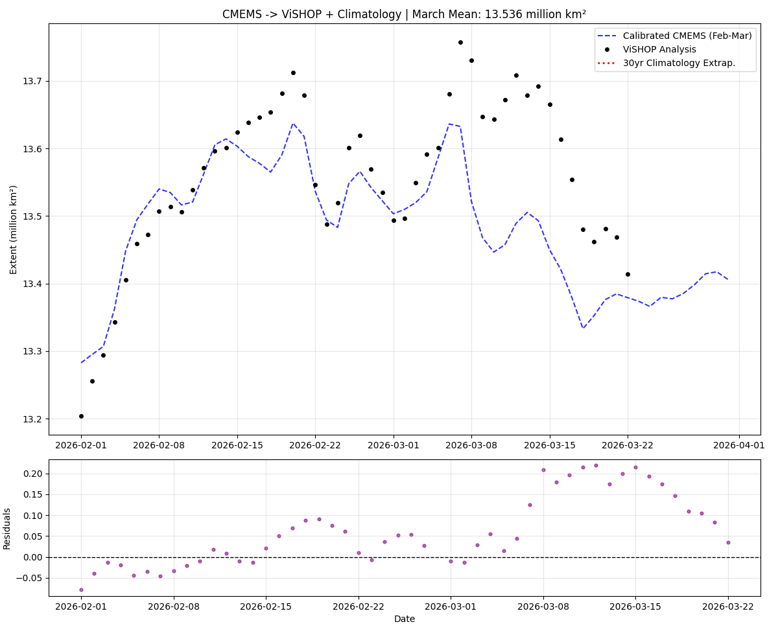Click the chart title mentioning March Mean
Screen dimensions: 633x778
[x=404, y=14]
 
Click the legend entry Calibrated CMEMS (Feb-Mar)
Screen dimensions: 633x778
[x=687, y=36]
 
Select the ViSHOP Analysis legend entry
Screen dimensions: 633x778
[x=659, y=49]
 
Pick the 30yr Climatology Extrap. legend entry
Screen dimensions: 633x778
[x=679, y=63]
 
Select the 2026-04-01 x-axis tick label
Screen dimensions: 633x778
[x=740, y=445]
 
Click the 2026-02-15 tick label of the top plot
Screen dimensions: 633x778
[x=237, y=445]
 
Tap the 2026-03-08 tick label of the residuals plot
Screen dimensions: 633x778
[x=543, y=606]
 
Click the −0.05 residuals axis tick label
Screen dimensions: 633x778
[x=30, y=578]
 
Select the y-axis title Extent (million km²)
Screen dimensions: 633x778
[x=14, y=229]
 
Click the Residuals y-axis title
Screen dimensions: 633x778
[x=7, y=528]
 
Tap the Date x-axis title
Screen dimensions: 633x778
[x=404, y=619]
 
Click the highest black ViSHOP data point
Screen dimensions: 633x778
[x=460, y=42]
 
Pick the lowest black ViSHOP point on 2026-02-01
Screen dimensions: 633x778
[x=81, y=416]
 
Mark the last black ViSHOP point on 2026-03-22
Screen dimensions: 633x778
[x=628, y=274]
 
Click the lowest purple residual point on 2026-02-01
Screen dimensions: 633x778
[x=81, y=590]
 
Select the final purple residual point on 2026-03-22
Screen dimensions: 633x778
[x=728, y=542]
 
